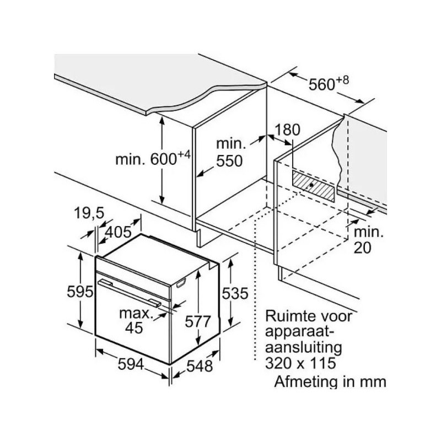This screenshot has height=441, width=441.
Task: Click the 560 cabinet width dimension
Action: click(321, 84)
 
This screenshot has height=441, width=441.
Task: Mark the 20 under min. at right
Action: click(363, 248)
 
